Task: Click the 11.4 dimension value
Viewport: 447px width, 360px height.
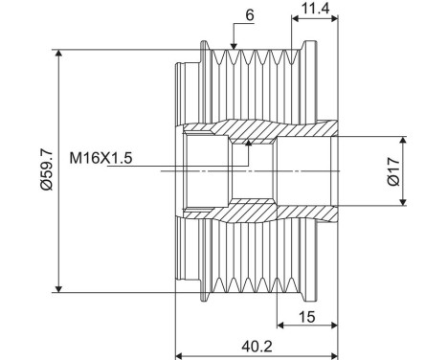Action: click(x=315, y=9)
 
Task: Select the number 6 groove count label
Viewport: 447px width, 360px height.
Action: click(x=250, y=15)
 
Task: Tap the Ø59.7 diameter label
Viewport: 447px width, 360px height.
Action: click(x=47, y=170)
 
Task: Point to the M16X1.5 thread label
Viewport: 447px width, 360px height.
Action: click(x=101, y=158)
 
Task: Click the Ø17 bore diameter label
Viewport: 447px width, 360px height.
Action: click(x=394, y=171)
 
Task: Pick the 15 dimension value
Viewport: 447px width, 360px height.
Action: click(x=307, y=317)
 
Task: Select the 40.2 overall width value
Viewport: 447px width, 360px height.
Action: click(x=257, y=347)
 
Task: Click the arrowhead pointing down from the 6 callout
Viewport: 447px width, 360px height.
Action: click(x=234, y=46)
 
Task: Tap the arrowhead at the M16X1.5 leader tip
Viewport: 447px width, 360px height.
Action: click(x=248, y=143)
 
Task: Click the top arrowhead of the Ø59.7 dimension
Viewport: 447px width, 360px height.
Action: click(x=58, y=54)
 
